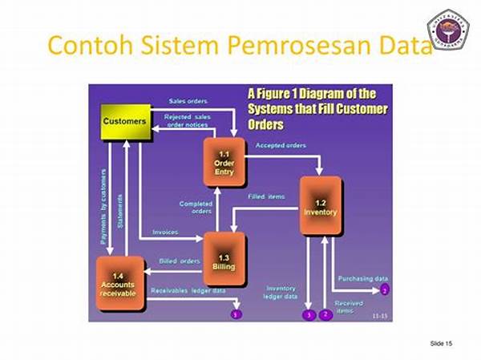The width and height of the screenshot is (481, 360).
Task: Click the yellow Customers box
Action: pyautogui.click(x=124, y=121)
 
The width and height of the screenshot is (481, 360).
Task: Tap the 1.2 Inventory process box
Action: pyautogui.click(x=321, y=208)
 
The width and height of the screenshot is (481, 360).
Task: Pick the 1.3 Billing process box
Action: pyautogui.click(x=224, y=258)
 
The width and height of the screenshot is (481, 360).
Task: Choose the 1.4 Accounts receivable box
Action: pyautogui.click(x=119, y=285)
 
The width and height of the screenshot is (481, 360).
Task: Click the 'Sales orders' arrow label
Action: pyautogui.click(x=188, y=101)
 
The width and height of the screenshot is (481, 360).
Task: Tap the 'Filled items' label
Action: pyautogui.click(x=267, y=196)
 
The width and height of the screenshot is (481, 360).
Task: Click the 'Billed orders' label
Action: pyautogui.click(x=178, y=261)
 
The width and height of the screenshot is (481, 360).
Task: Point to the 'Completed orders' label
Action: pyautogui.click(x=196, y=208)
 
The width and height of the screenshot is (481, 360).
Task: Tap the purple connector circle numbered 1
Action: pyautogui.click(x=236, y=315)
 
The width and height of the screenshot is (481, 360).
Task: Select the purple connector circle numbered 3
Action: pyautogui.click(x=309, y=315)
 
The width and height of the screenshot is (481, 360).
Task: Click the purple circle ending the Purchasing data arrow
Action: pyautogui.click(x=385, y=289)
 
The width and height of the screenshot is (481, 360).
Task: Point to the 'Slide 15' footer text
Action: pyautogui.click(x=442, y=343)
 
